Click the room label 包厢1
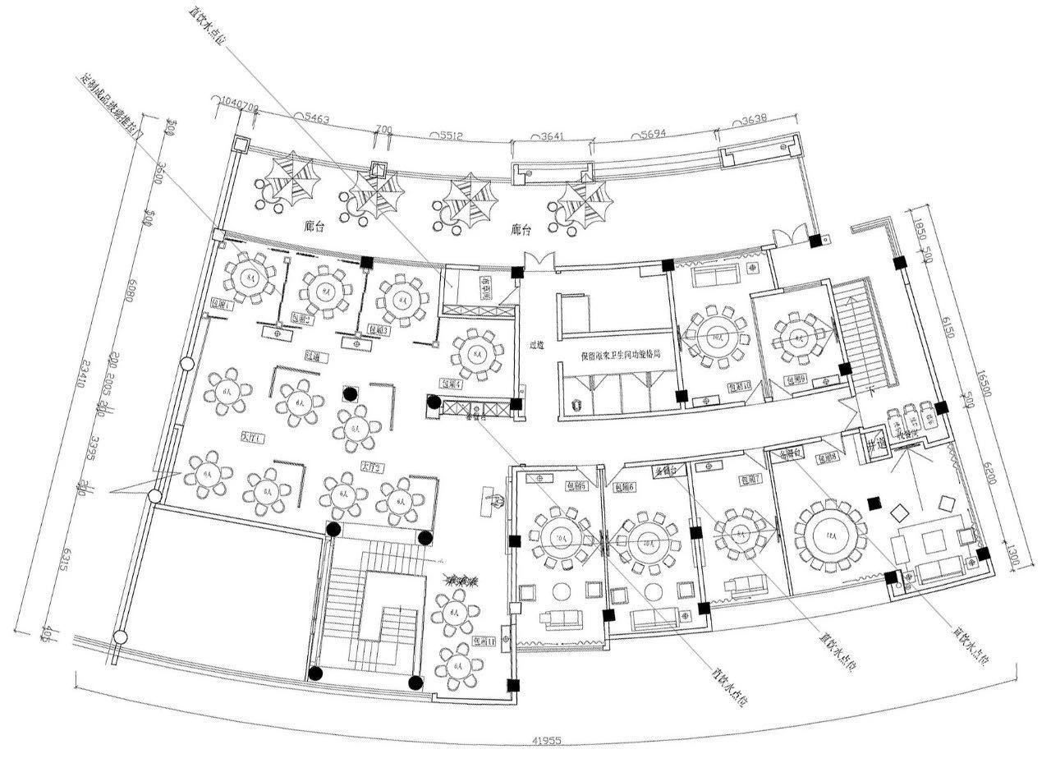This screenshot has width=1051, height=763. [223, 305]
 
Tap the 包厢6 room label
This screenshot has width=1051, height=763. [625, 486]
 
